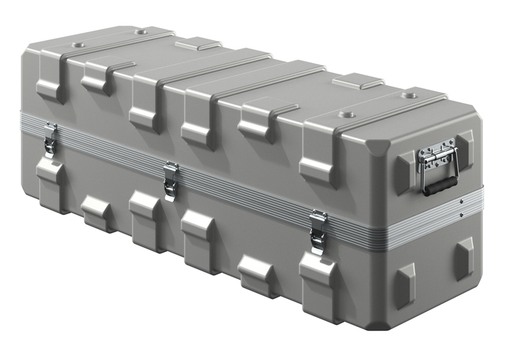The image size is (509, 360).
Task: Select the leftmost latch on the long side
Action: click(50, 139)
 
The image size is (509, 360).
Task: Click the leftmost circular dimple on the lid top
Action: click(78, 46)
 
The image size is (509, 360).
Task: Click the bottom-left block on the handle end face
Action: click(405, 280)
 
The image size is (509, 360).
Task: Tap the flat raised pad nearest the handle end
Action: click(358, 81)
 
